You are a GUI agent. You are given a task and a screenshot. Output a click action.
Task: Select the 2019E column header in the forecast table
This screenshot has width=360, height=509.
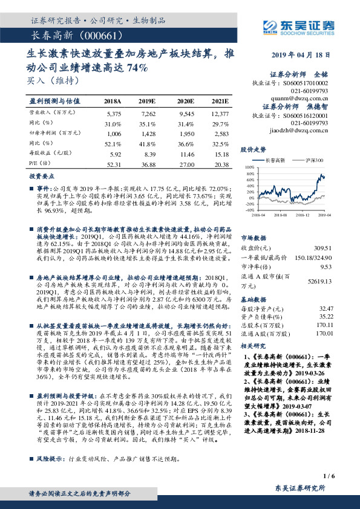tap(147, 101)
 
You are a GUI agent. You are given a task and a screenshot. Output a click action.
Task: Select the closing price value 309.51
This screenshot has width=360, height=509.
tap(324, 247)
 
